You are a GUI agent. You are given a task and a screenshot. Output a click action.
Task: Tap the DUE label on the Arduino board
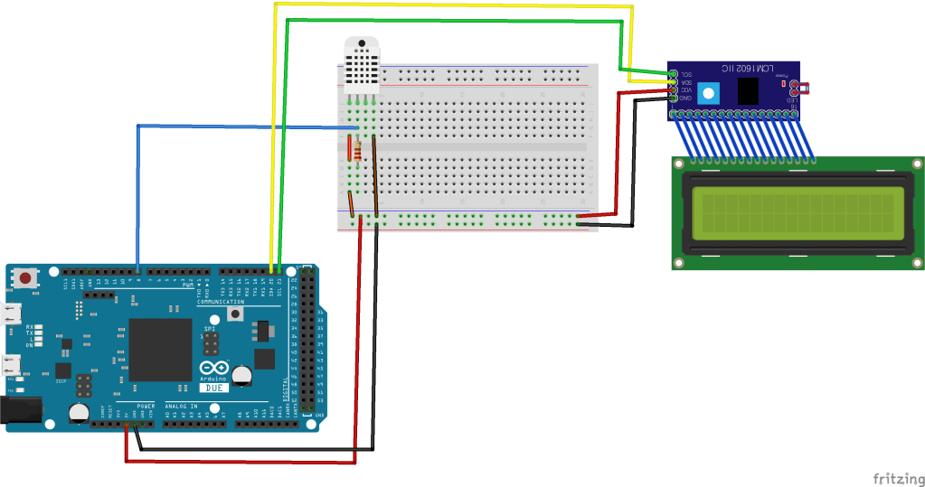[212, 388]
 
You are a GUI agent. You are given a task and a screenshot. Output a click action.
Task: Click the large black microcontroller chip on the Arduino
[160, 349]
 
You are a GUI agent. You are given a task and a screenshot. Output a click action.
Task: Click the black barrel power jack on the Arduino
[18, 410]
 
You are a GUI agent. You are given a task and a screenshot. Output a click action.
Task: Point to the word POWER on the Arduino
[145, 407]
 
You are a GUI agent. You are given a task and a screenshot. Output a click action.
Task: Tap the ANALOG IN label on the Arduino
[181, 407]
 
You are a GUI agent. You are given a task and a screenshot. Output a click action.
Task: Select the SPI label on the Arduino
[210, 329]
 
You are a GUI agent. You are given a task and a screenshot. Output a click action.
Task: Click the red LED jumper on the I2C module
[799, 89]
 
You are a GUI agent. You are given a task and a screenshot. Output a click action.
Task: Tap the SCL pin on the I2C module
[674, 72]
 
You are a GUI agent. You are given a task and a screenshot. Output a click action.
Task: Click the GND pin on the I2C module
[674, 98]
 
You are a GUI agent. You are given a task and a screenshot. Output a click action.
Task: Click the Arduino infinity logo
[212, 370]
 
